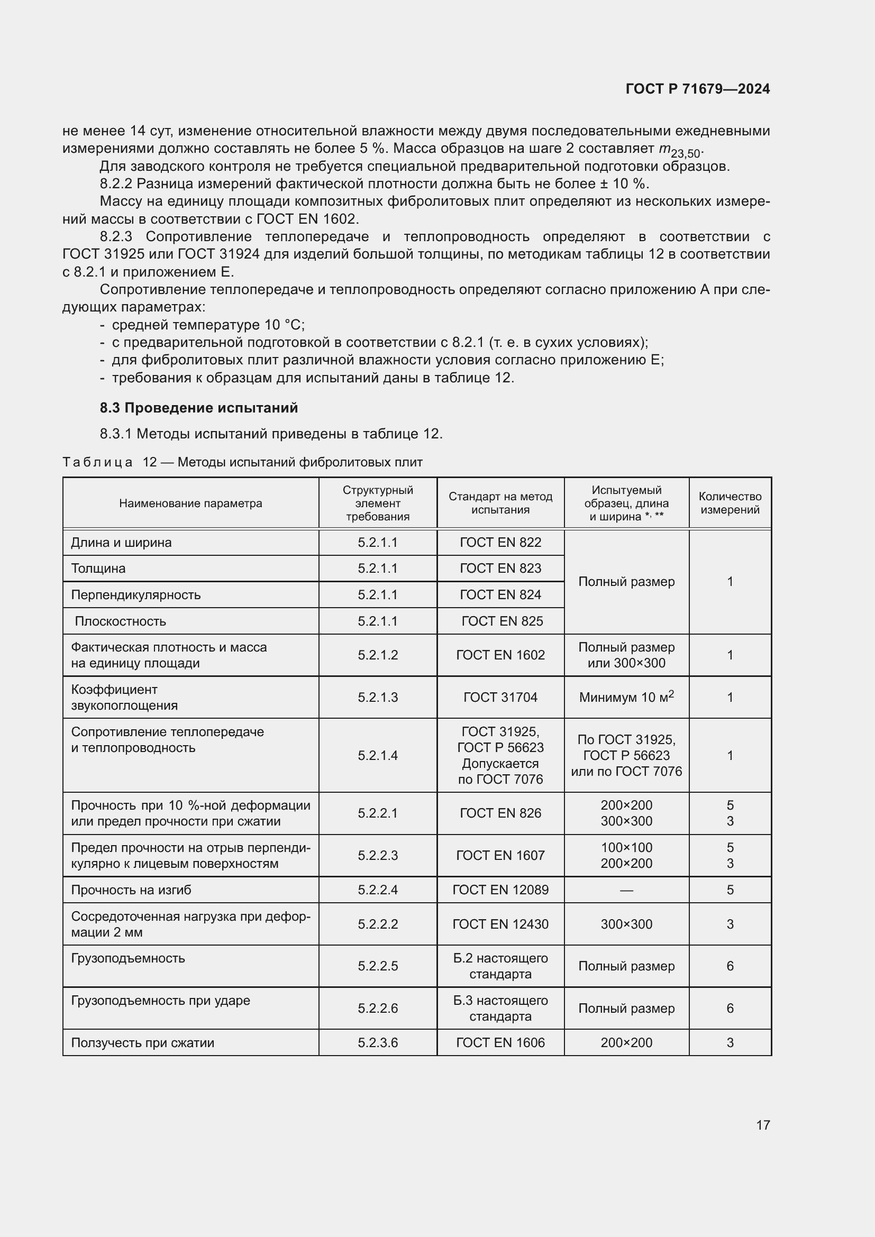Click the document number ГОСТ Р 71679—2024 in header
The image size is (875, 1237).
697,89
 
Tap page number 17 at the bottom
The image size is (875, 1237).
762,1125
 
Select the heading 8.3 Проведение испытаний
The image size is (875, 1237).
198,408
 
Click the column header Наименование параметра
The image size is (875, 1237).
190,503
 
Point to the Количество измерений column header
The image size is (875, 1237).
730,503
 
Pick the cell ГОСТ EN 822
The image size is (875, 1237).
500,543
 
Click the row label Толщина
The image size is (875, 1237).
98,569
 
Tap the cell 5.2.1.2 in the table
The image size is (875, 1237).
377,655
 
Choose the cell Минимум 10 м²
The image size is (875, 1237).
626,697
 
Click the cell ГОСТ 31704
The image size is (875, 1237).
500,697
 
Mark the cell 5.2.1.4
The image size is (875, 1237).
377,755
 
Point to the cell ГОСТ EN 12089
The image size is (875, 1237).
500,890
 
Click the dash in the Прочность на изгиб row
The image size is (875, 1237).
626,890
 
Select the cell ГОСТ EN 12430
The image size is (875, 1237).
500,924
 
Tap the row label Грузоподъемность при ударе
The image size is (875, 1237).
161,1001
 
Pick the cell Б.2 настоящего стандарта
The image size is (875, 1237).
500,966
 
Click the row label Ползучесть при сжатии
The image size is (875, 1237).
142,1042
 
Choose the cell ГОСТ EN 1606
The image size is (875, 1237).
500,1042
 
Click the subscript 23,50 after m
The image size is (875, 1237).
685,153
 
